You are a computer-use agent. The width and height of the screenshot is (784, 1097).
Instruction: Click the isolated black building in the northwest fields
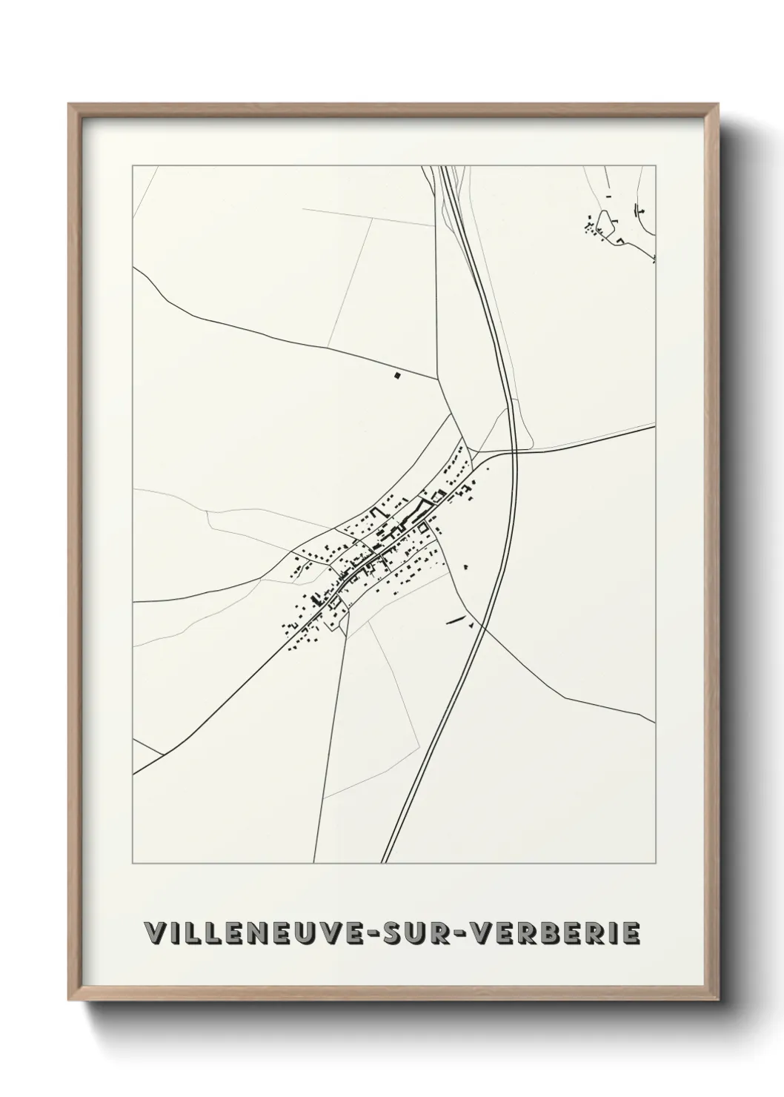click(397, 376)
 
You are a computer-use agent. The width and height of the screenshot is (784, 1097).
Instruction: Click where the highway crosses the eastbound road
click(514, 450)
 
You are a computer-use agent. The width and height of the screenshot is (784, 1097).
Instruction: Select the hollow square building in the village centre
click(422, 528)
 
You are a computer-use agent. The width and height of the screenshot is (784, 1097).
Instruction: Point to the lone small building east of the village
click(465, 567)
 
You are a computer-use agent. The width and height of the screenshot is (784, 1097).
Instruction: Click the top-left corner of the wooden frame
click(69, 104)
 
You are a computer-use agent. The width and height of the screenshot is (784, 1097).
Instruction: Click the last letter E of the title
click(631, 933)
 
